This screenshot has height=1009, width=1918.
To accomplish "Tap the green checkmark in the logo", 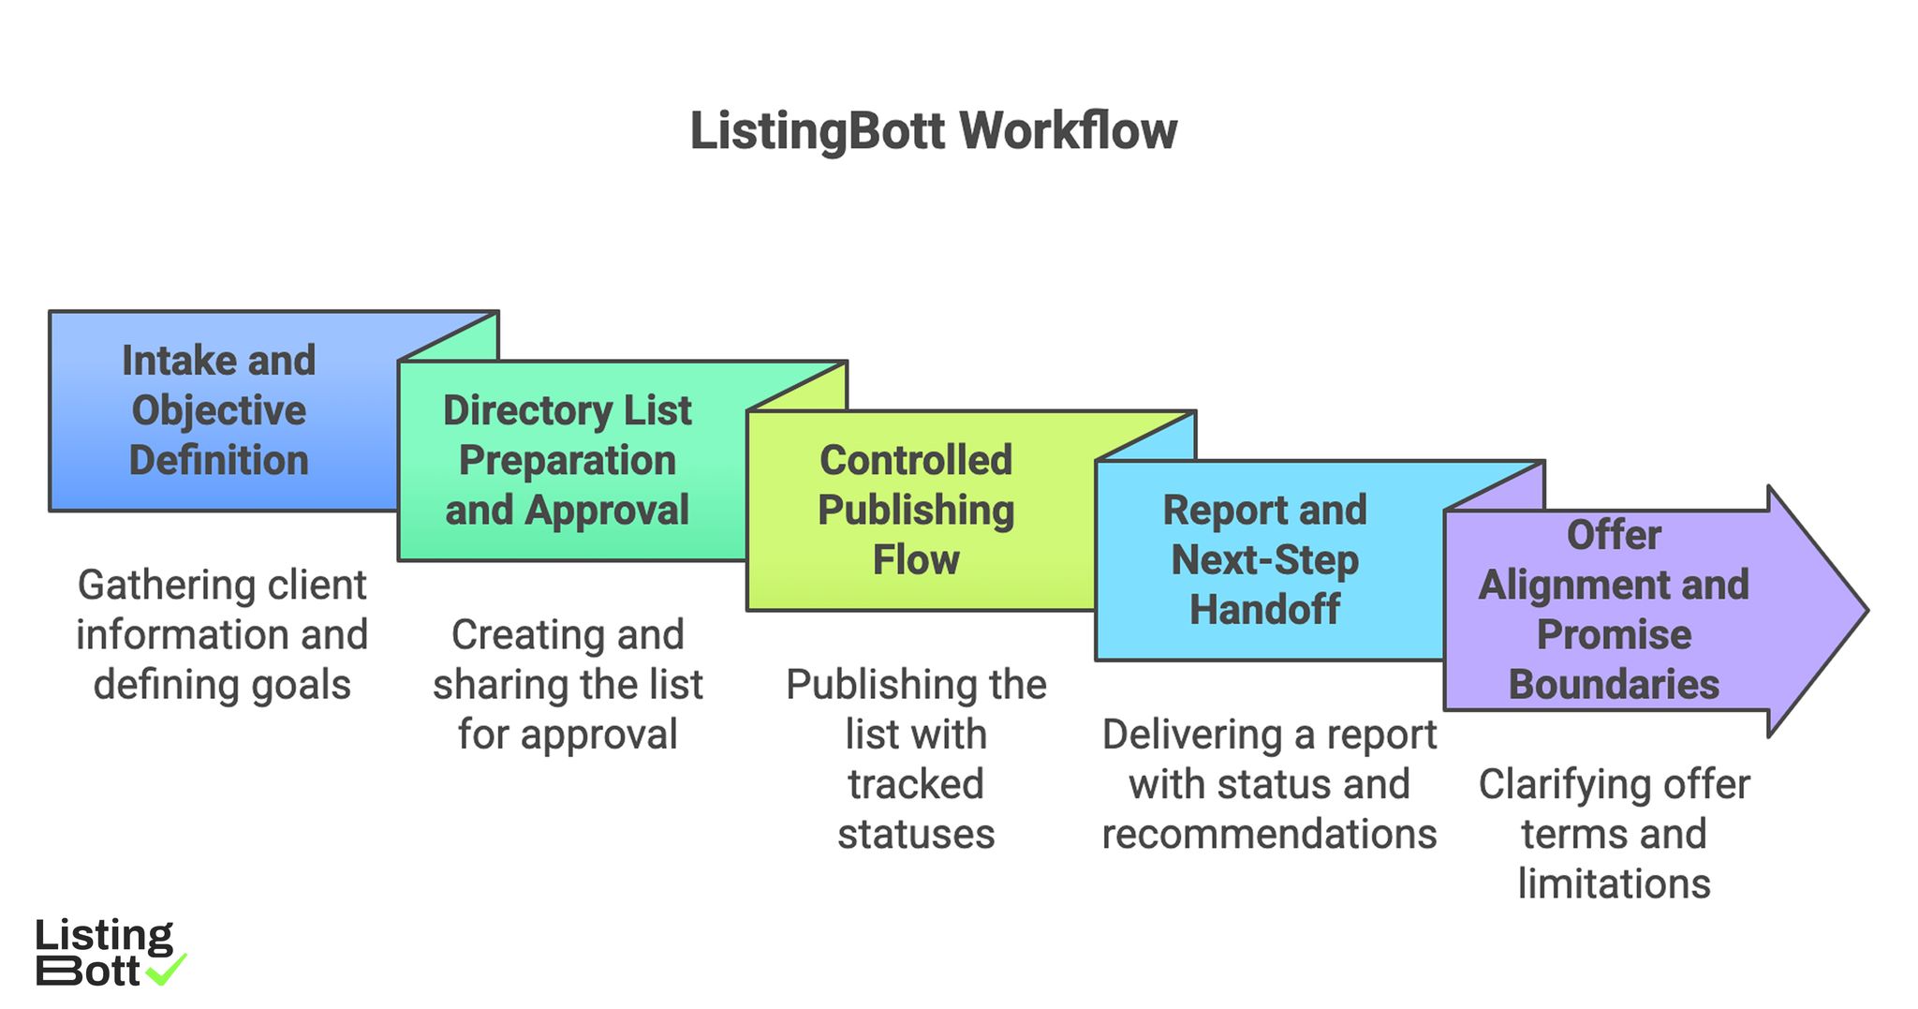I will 169,970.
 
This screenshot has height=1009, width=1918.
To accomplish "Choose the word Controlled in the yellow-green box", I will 916,460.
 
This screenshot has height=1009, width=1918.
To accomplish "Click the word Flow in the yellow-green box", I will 916,560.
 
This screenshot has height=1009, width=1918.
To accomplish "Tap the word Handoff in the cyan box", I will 1264,610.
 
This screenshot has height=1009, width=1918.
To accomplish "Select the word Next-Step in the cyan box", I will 1264,560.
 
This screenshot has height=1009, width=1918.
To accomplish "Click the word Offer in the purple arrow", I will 1614,535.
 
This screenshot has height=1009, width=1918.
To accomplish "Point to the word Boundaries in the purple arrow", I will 1614,685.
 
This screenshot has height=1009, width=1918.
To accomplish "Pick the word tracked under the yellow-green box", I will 916,784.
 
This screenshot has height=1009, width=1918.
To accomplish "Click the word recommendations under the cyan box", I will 1269,834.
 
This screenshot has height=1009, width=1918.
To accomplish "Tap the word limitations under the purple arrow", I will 1614,883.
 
